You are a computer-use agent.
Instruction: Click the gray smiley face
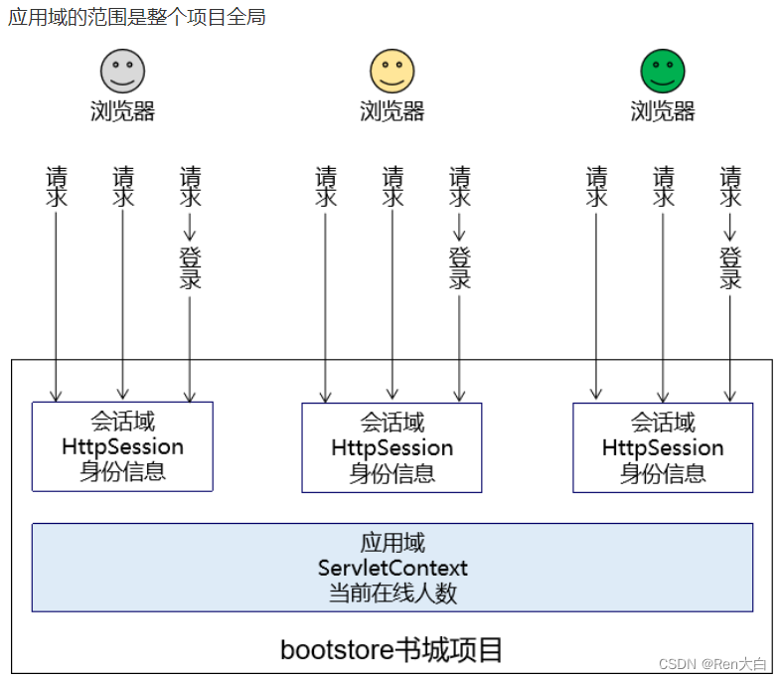(122, 72)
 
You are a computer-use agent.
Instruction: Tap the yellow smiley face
(392, 72)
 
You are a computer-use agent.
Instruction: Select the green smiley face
(663, 72)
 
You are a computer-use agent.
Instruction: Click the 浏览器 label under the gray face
(122, 110)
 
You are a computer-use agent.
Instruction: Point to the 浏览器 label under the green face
(663, 110)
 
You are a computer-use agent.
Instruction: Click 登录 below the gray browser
(190, 267)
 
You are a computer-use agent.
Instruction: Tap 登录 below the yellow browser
(460, 267)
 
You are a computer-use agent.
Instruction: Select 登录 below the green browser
(730, 267)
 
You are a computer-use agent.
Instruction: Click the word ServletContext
(392, 569)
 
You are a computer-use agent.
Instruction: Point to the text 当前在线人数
(392, 594)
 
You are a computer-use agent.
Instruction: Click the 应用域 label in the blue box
(392, 543)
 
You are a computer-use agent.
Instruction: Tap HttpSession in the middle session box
(392, 448)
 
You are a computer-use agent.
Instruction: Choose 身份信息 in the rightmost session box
(663, 473)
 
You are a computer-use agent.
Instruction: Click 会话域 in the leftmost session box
(122, 422)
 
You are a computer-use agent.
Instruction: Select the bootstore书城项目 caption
(391, 650)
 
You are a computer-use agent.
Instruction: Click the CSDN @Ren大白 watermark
(712, 663)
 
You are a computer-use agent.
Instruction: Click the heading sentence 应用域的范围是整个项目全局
(137, 17)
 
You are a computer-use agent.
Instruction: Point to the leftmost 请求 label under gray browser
(56, 186)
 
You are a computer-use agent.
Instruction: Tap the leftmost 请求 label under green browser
(596, 186)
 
